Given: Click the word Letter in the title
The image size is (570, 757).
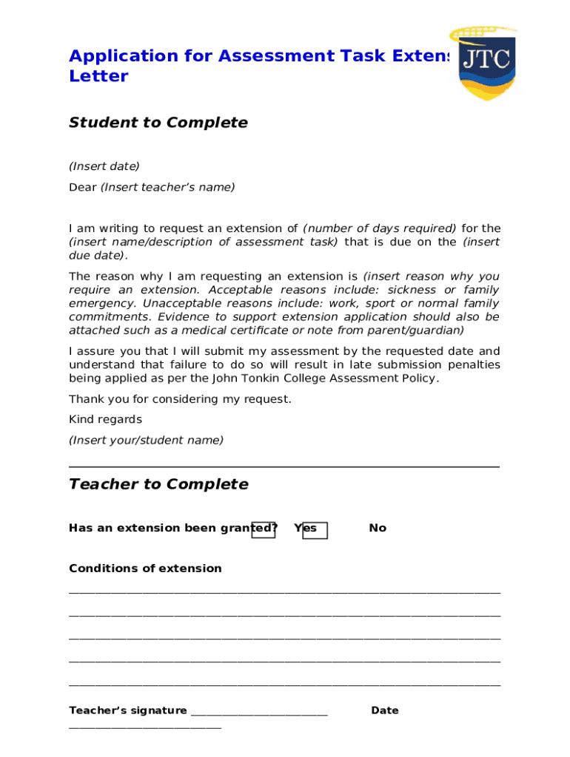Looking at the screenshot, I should (x=98, y=76).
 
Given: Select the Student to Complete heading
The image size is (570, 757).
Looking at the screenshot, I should (x=158, y=123).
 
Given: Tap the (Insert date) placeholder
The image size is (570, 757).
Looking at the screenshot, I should (x=104, y=166).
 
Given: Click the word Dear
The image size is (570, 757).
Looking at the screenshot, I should (x=82, y=187).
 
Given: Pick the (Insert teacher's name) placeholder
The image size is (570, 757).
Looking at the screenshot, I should (x=167, y=187).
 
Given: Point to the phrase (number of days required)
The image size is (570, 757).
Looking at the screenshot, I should (x=380, y=228).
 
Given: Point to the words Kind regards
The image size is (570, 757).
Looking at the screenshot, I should (x=105, y=419).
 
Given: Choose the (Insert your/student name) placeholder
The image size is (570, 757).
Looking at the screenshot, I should (x=146, y=440).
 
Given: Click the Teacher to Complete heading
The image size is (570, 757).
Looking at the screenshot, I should (x=158, y=484).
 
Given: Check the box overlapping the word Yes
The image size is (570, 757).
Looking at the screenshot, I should (x=315, y=530).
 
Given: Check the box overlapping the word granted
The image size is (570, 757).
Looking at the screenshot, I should (x=263, y=529).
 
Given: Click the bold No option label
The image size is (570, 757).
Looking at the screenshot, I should (x=378, y=528).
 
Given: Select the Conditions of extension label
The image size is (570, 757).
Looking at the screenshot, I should (x=145, y=568).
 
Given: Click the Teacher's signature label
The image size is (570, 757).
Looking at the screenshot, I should (x=127, y=710).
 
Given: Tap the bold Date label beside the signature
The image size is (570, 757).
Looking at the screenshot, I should (x=385, y=710).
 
